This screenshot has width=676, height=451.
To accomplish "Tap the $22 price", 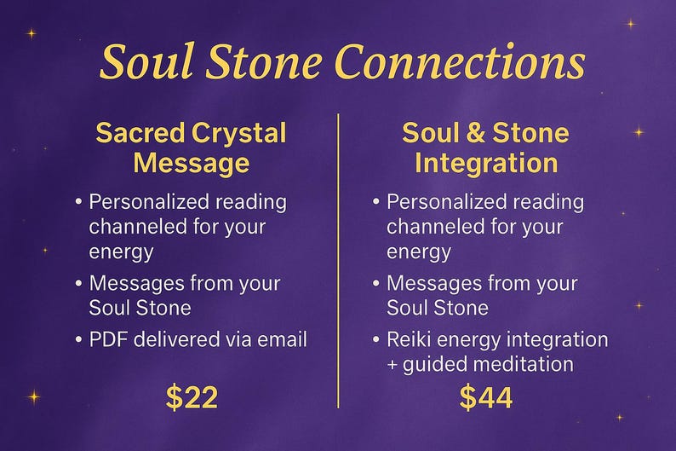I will click(192, 396).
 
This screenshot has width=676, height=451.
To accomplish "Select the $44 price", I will click(486, 396).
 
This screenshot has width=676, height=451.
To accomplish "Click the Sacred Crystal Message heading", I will click(191, 147).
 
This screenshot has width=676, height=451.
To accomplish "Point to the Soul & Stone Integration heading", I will click(486, 147).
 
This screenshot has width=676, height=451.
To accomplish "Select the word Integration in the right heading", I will click(486, 162).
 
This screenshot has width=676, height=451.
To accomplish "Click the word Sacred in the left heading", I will click(140, 134).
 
